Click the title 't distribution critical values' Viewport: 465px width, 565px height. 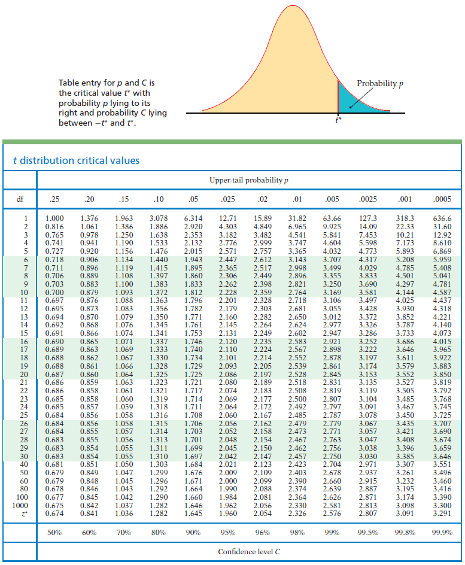tap(76, 160)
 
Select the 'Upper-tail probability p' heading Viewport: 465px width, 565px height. tap(249, 180)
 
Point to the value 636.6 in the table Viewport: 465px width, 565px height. tap(442, 219)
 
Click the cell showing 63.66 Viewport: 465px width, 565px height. tap(332, 219)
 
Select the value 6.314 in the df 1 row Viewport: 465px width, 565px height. tap(193, 219)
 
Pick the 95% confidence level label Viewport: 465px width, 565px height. tap(227, 531)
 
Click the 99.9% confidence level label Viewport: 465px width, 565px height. tap(442, 531)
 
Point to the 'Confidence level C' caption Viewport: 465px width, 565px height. tap(249, 551)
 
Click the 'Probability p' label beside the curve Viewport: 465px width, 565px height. tap(377, 83)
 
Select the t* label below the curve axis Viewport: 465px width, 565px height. tap(339, 119)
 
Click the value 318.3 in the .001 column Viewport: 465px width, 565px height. tap(407, 219)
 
